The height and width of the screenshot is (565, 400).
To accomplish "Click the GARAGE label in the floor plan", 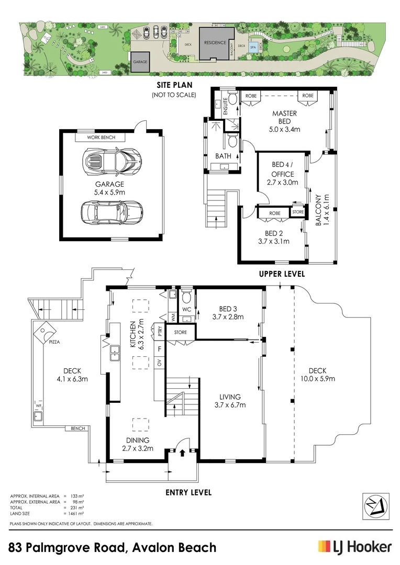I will coord(109,184).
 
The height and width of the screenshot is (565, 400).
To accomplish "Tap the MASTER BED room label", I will coord(284,114).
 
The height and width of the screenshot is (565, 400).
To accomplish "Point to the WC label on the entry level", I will coord(186,309).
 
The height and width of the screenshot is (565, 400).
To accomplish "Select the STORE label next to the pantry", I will coord(180,332).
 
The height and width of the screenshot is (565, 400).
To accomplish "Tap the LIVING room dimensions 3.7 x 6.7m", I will coord(229,405).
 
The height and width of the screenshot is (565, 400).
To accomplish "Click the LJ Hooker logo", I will coord(354,547).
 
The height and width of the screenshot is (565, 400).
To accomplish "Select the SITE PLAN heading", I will coord(173,85).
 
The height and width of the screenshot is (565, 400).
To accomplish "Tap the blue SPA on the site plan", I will coord(253,47).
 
